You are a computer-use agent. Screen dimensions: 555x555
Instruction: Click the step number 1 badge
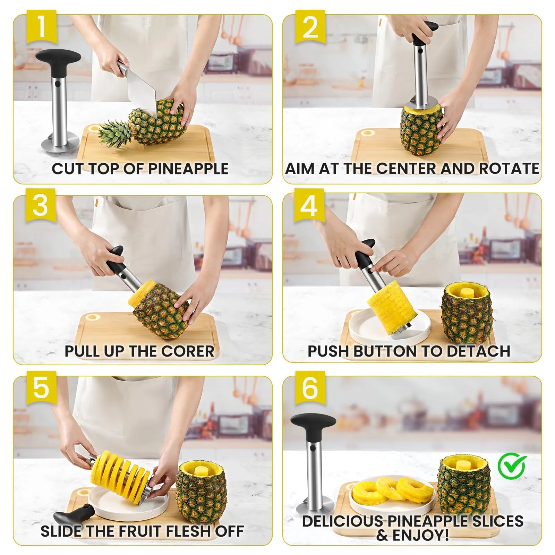(41, 27)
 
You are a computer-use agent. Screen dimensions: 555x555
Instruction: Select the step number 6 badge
(310, 387)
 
